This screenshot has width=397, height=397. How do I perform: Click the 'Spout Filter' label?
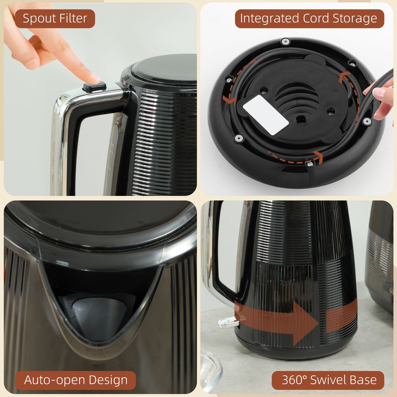click(x=55, y=19)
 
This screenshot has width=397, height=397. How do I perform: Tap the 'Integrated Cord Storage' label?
click(x=309, y=19)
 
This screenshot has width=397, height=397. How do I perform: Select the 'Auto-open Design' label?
click(x=76, y=380)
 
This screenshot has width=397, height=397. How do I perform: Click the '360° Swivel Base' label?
click(x=328, y=380)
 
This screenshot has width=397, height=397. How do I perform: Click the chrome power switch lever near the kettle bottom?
click(x=228, y=322)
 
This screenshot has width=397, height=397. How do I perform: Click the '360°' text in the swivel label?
click(x=294, y=380)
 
